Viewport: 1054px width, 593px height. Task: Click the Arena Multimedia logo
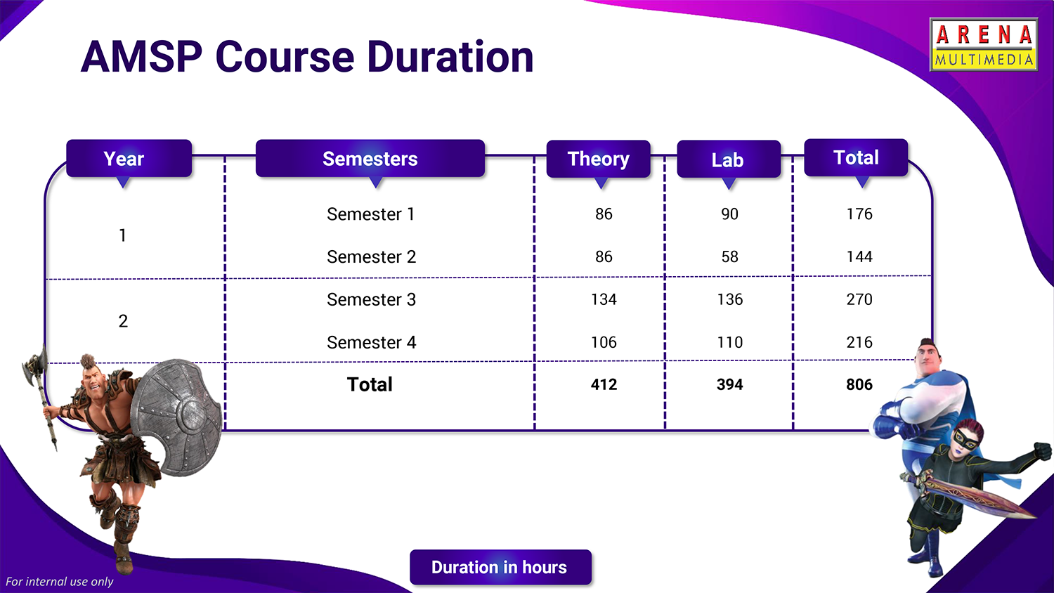(984, 45)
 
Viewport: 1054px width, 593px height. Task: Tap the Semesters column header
(370, 158)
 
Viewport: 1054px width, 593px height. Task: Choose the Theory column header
(599, 159)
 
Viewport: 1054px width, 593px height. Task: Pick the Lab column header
(729, 159)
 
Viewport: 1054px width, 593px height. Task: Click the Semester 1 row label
(371, 214)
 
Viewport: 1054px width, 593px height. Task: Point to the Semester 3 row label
(371, 300)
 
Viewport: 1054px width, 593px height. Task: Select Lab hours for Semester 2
(730, 257)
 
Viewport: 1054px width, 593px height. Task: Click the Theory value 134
(604, 299)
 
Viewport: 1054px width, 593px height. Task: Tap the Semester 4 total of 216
(859, 342)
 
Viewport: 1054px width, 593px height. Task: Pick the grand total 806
(859, 384)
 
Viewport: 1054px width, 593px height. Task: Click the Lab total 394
(730, 384)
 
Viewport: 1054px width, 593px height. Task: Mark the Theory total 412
(604, 384)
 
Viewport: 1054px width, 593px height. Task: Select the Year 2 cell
(123, 321)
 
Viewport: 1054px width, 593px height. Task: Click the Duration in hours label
(500, 567)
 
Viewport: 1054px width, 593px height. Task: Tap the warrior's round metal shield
(176, 417)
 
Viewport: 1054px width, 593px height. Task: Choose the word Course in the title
(285, 57)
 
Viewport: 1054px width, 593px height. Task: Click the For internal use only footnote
(59, 582)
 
